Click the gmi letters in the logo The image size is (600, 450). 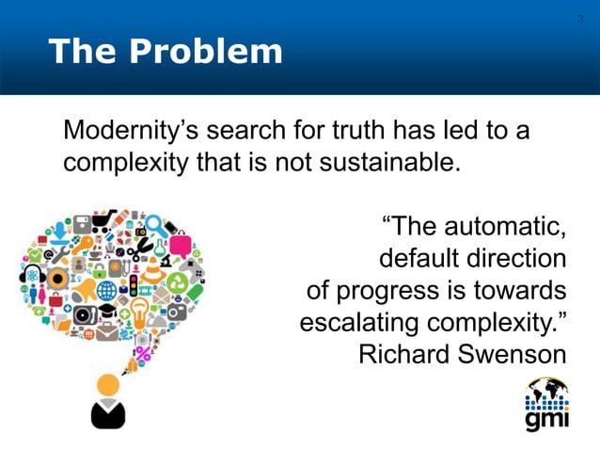[546, 420]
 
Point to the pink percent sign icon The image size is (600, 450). [142, 355]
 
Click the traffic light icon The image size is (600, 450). [133, 285]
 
